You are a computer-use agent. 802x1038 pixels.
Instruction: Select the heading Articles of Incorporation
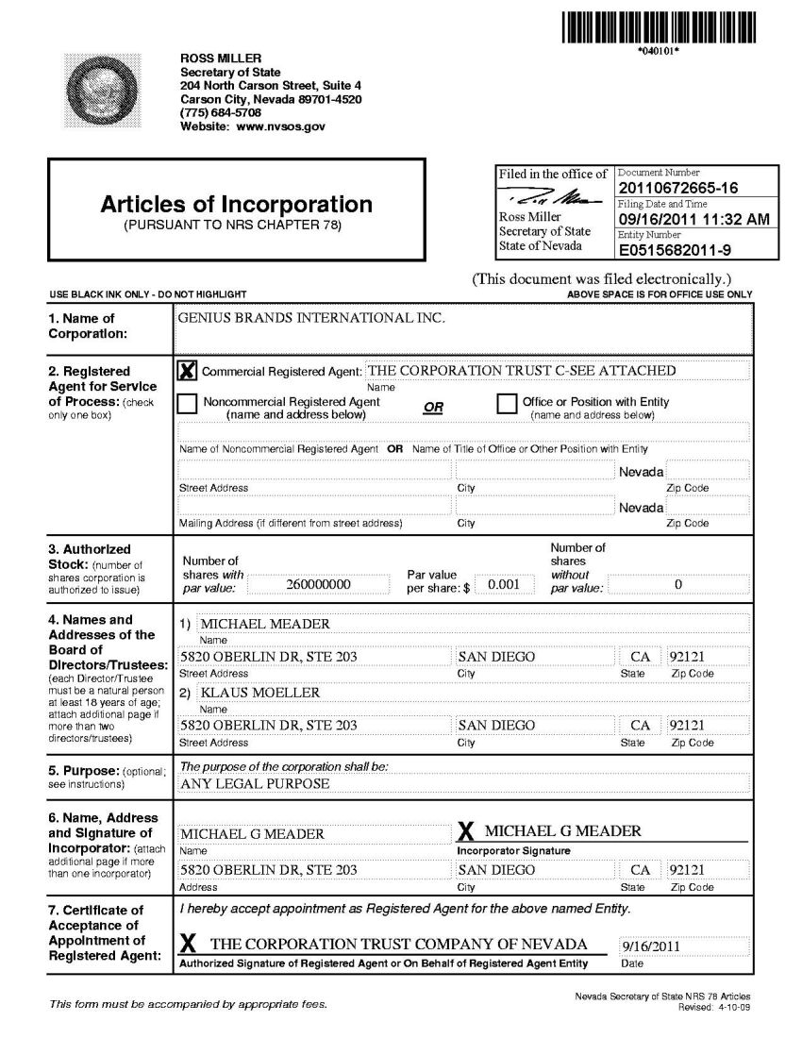(x=237, y=205)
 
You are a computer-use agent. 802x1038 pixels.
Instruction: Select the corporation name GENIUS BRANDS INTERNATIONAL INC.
(x=310, y=318)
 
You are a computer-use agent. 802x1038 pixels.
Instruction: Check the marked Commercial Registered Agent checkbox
(x=188, y=371)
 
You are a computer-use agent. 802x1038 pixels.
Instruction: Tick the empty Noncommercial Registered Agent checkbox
(x=188, y=404)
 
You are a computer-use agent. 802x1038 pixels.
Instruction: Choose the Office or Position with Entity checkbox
(x=507, y=404)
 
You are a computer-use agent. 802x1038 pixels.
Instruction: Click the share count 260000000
(x=318, y=584)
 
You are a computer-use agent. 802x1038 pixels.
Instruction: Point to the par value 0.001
(x=505, y=584)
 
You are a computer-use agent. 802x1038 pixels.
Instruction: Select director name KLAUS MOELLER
(x=260, y=692)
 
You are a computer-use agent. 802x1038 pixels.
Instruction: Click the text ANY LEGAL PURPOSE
(x=255, y=783)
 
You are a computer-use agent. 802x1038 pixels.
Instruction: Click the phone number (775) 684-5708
(x=221, y=112)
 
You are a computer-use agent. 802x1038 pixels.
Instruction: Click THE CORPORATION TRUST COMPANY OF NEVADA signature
(x=398, y=945)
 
